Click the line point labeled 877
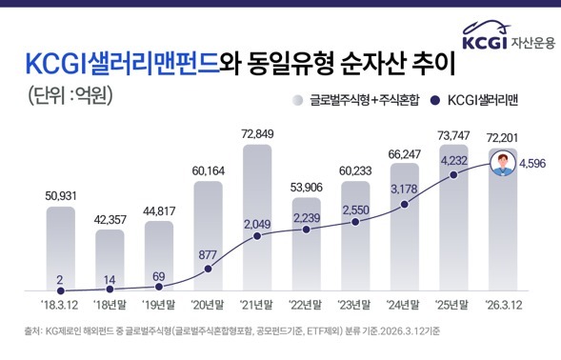click(x=208, y=268)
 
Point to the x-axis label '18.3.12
click(x=60, y=305)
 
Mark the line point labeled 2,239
click(x=307, y=234)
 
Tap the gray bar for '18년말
click(x=110, y=257)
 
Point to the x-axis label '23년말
click(x=355, y=305)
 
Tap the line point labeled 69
click(x=158, y=286)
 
